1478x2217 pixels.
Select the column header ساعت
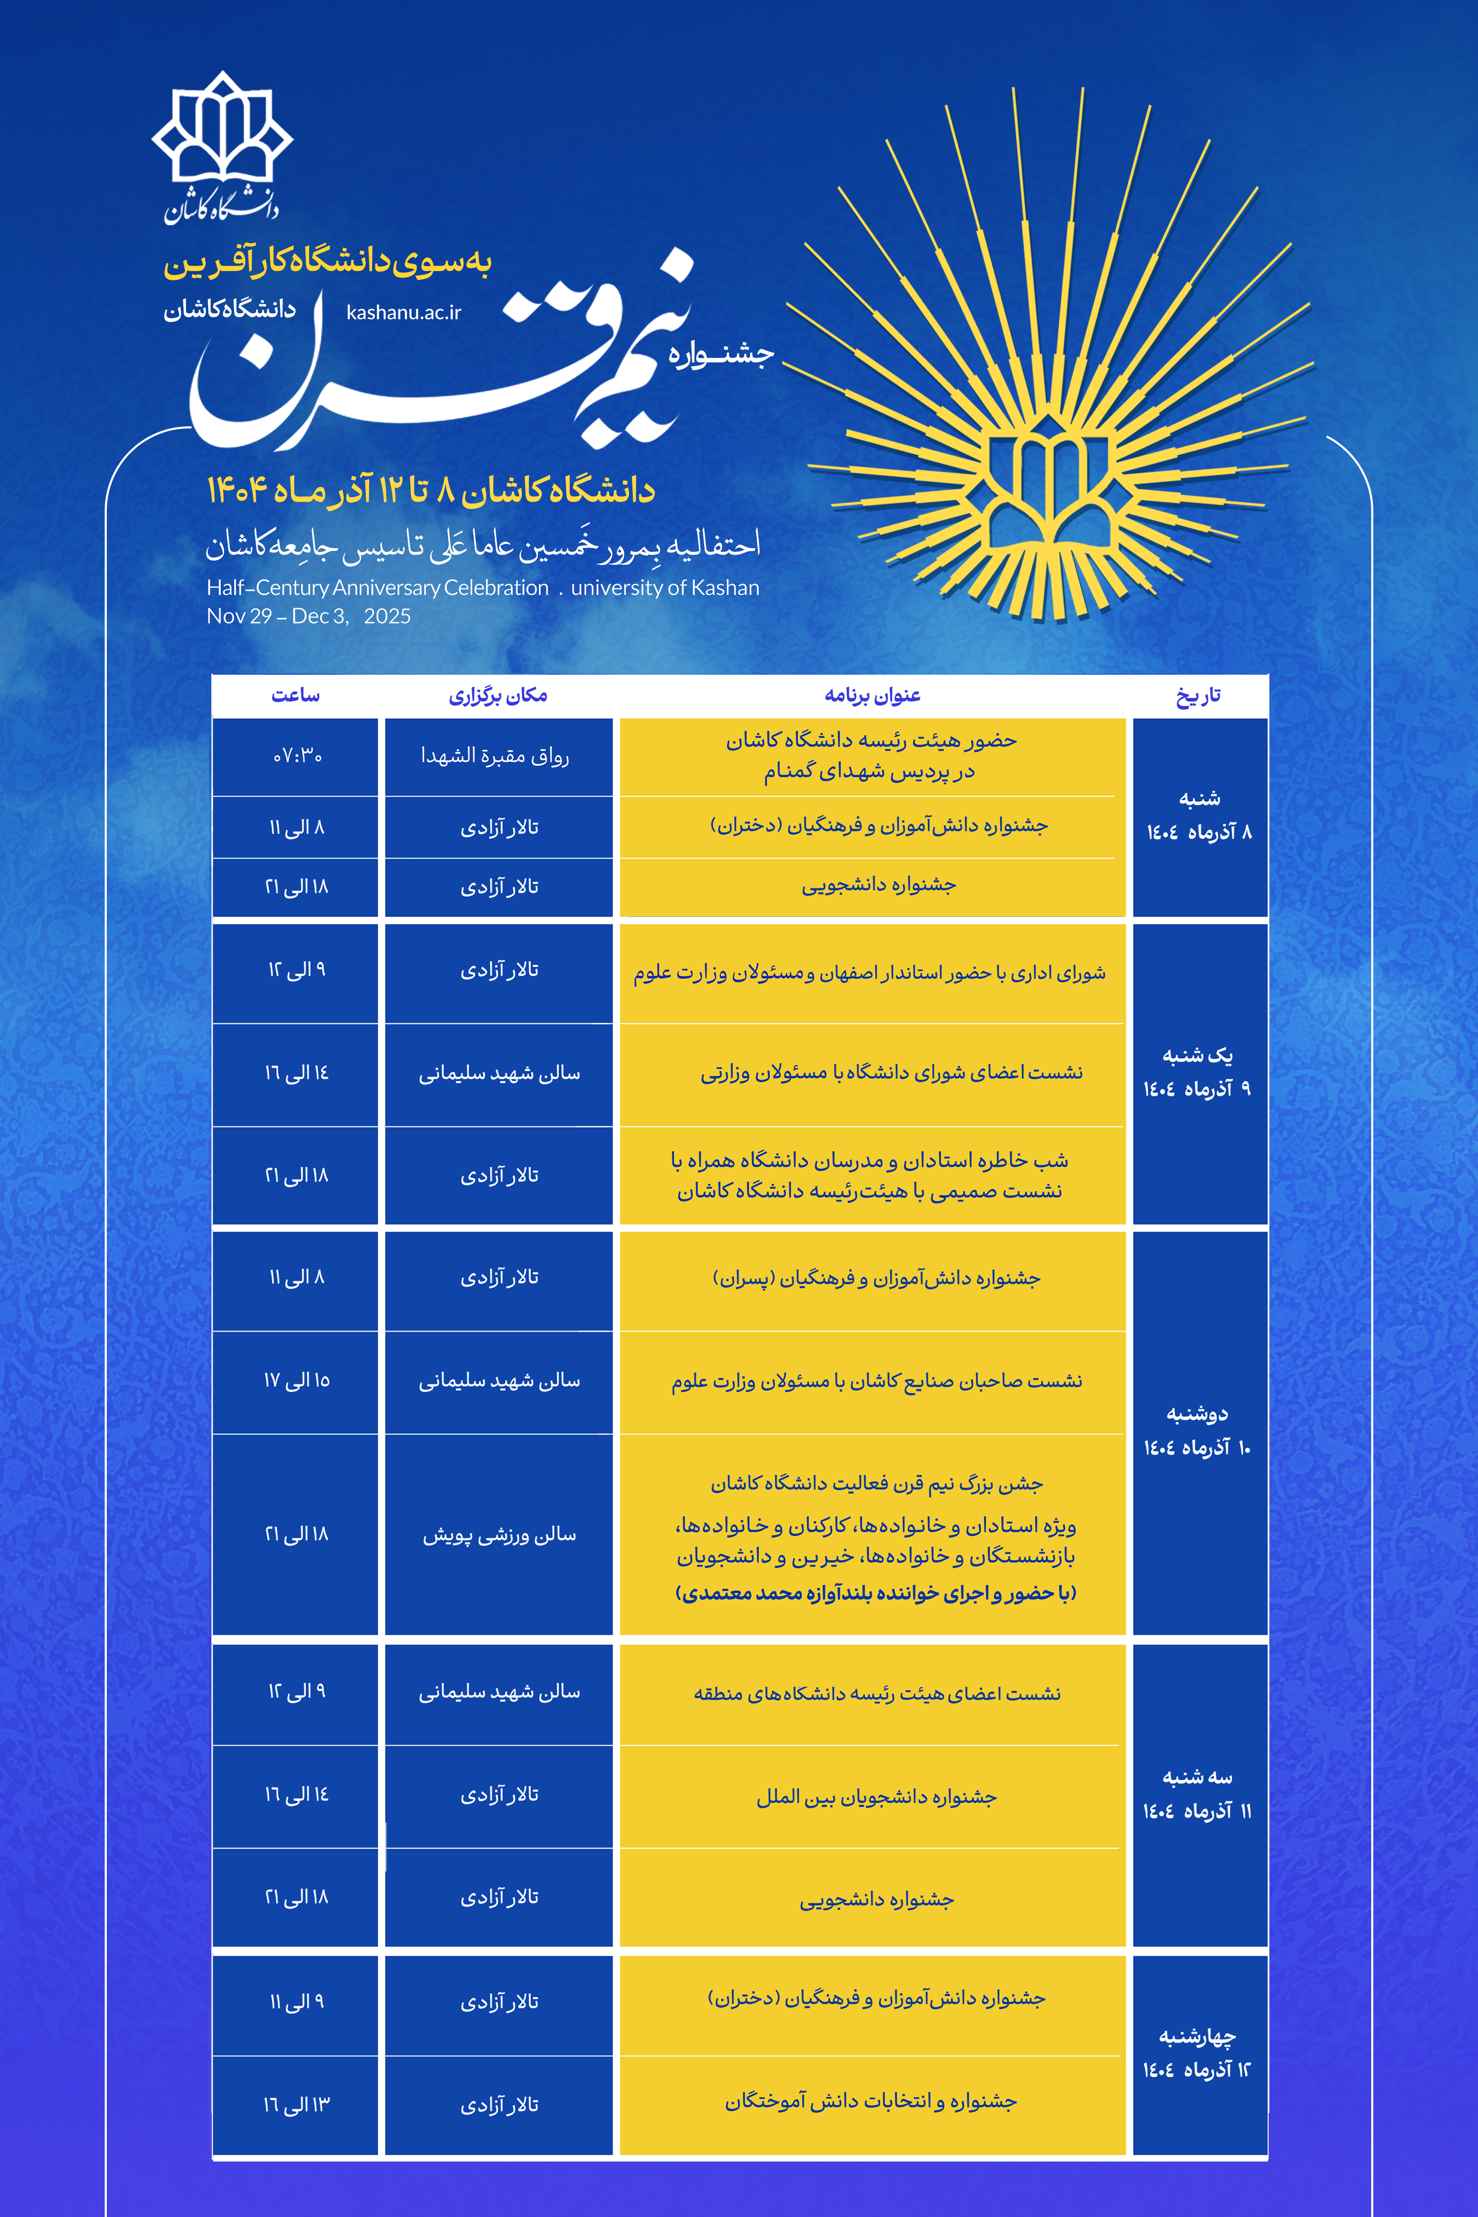(x=295, y=696)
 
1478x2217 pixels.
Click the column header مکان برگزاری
(x=498, y=696)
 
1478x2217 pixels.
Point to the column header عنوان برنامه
(x=872, y=696)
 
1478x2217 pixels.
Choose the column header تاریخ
(x=1198, y=696)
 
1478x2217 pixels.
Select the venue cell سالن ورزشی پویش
(x=499, y=1535)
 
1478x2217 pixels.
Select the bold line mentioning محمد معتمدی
(x=876, y=1593)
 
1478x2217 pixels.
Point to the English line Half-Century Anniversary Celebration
(x=377, y=588)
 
